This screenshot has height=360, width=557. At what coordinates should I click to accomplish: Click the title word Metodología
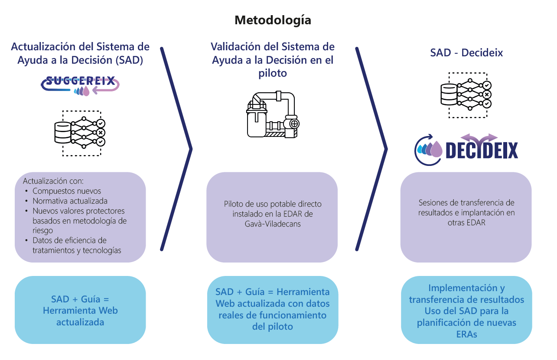tap(273, 20)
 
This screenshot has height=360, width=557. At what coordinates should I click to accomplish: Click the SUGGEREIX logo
tap(80, 84)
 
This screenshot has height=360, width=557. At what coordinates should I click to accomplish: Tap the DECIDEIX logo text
tap(481, 151)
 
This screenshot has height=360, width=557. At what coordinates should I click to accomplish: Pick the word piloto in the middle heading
tap(273, 73)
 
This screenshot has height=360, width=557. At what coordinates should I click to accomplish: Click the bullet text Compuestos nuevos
tap(66, 191)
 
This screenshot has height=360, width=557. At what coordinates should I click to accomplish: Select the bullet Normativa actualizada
tap(70, 201)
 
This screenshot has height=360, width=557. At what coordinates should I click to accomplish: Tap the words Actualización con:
tap(53, 181)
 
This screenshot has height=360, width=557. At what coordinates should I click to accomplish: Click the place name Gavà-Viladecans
tap(272, 224)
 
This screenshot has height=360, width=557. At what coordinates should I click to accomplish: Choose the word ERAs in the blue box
tap(466, 334)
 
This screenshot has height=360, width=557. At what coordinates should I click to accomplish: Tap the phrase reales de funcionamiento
tap(272, 315)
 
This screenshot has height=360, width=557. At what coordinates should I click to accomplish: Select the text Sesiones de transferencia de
tap(466, 202)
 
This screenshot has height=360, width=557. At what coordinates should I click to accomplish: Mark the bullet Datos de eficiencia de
tap(69, 240)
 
